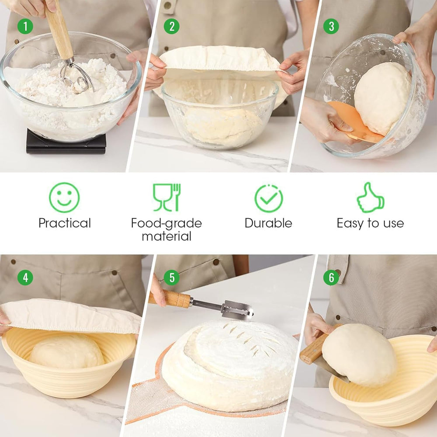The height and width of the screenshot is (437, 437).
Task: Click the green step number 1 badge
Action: point(25,26)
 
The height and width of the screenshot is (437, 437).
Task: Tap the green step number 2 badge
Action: point(171,26)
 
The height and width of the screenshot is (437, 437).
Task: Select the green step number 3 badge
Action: point(331,26)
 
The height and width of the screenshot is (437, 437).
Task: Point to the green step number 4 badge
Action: point(25,277)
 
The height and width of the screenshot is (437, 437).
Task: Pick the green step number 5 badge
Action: point(171,277)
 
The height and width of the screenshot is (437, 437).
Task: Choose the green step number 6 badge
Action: point(331,277)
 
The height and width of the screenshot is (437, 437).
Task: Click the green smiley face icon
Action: point(64,198)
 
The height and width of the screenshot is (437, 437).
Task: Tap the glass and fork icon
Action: point(166,198)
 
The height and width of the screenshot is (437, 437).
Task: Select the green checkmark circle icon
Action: point(268,198)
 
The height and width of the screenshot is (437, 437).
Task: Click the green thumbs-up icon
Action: point(370,198)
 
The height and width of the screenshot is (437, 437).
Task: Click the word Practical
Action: point(64,223)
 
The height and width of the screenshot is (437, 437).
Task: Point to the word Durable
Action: point(268,223)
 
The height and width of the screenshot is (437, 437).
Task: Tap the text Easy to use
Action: point(370,223)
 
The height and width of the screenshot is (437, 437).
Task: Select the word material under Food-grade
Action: point(166,236)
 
